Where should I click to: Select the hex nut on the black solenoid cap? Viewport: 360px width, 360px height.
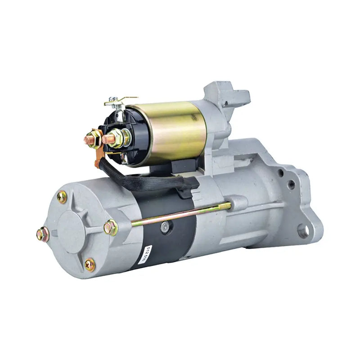pyautogui.click(x=117, y=137)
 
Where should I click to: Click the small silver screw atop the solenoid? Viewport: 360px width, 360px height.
pyautogui.click(x=116, y=99)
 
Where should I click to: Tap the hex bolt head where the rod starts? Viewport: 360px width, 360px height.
pyautogui.click(x=110, y=227)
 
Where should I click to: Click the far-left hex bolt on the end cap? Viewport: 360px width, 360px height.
pyautogui.click(x=43, y=234)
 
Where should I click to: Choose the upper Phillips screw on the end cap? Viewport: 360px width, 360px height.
pyautogui.click(x=62, y=197)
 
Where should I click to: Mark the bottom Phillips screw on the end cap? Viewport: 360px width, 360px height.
pyautogui.click(x=90, y=265)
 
